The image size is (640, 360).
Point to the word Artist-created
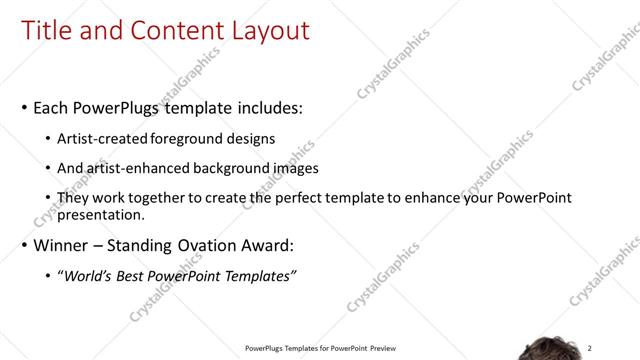[103, 139]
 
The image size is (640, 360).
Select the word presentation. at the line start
[102, 214]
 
